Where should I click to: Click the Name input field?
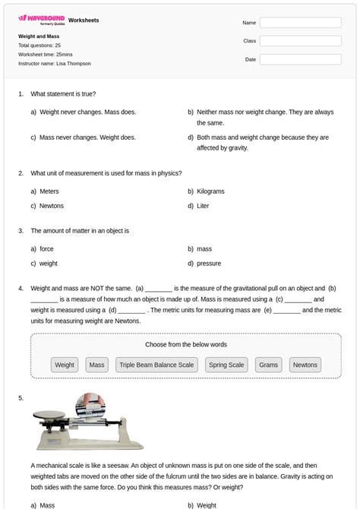point(300,23)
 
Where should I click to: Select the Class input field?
point(300,41)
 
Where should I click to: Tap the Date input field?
point(300,59)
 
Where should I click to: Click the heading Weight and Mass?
point(39,36)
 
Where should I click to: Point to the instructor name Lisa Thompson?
point(73,64)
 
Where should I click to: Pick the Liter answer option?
point(203,206)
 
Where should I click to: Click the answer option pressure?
point(209,264)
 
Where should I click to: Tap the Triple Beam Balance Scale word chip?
point(156,365)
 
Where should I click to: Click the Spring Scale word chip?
point(226,365)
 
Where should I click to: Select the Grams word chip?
point(268,365)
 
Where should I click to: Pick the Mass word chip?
point(96,365)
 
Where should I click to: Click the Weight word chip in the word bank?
point(65,365)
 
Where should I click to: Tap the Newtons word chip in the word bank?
point(305,365)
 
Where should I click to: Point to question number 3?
point(21,230)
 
